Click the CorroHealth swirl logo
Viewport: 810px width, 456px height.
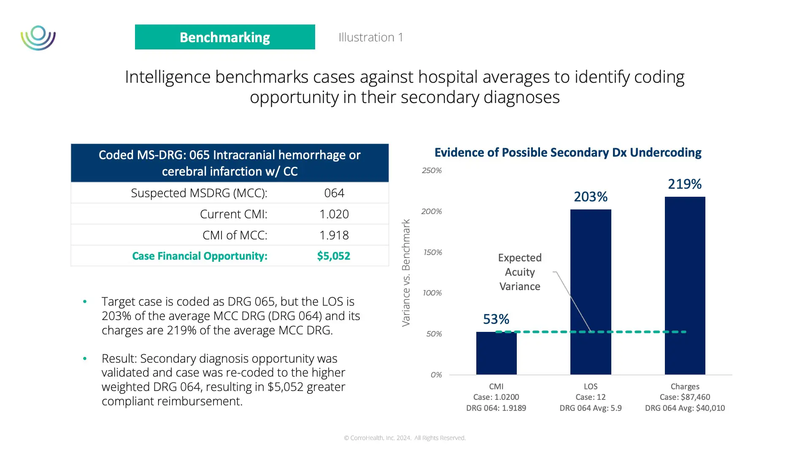(38, 38)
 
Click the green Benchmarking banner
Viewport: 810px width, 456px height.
(225, 37)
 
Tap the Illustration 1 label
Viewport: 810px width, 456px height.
(370, 37)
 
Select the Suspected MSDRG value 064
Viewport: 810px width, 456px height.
(334, 193)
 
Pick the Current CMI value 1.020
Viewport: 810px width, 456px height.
(334, 214)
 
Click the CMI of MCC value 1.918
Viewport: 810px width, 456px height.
(334, 235)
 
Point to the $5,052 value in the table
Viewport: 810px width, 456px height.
(333, 256)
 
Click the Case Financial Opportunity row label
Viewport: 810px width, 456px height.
(200, 256)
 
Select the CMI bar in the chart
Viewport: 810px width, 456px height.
(496, 353)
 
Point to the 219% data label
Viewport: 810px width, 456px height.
(684, 184)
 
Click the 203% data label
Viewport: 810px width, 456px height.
(590, 197)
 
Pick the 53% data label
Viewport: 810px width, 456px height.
(496, 319)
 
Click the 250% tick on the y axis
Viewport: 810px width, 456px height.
(432, 171)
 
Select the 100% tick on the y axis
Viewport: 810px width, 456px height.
(432, 293)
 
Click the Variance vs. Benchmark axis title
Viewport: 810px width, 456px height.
(406, 273)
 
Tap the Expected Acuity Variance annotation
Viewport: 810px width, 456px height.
(520, 272)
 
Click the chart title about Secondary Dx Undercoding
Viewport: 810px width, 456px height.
(568, 152)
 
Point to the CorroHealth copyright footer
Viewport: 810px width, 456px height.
(405, 438)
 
